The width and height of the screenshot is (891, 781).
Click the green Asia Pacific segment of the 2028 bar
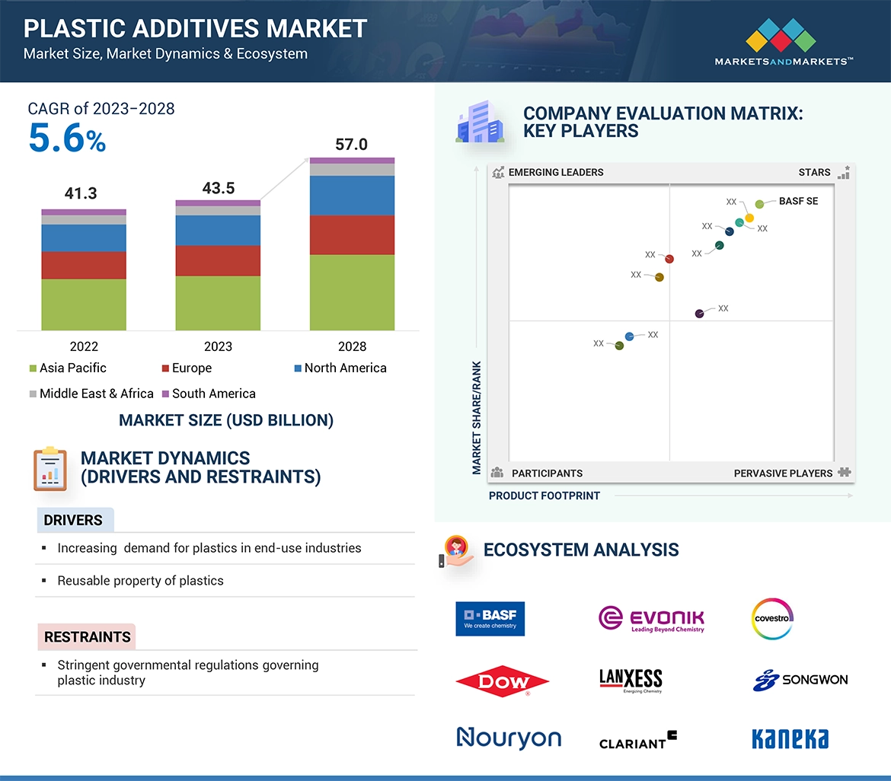(x=352, y=292)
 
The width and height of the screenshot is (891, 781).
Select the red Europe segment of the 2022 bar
(x=84, y=265)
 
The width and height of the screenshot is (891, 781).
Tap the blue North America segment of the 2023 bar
(x=218, y=230)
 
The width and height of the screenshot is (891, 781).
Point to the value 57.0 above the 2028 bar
(x=351, y=145)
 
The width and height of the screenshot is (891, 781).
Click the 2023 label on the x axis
(x=218, y=346)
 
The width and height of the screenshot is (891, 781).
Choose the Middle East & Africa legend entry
(x=91, y=394)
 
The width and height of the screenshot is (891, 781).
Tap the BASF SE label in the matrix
(x=798, y=202)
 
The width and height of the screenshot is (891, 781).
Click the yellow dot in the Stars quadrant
(x=749, y=218)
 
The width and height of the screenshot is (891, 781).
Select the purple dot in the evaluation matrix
(x=700, y=314)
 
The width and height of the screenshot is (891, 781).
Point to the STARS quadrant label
(x=814, y=172)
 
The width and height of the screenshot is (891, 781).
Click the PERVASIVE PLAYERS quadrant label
(x=783, y=473)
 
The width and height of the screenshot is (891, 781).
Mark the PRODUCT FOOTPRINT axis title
(x=544, y=496)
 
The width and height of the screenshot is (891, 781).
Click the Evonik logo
(x=651, y=619)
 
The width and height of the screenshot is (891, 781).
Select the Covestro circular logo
(x=772, y=619)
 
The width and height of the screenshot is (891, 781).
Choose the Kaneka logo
(x=790, y=738)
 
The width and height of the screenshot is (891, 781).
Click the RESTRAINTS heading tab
(x=87, y=636)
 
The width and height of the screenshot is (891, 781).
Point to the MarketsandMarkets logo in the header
(x=783, y=42)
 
